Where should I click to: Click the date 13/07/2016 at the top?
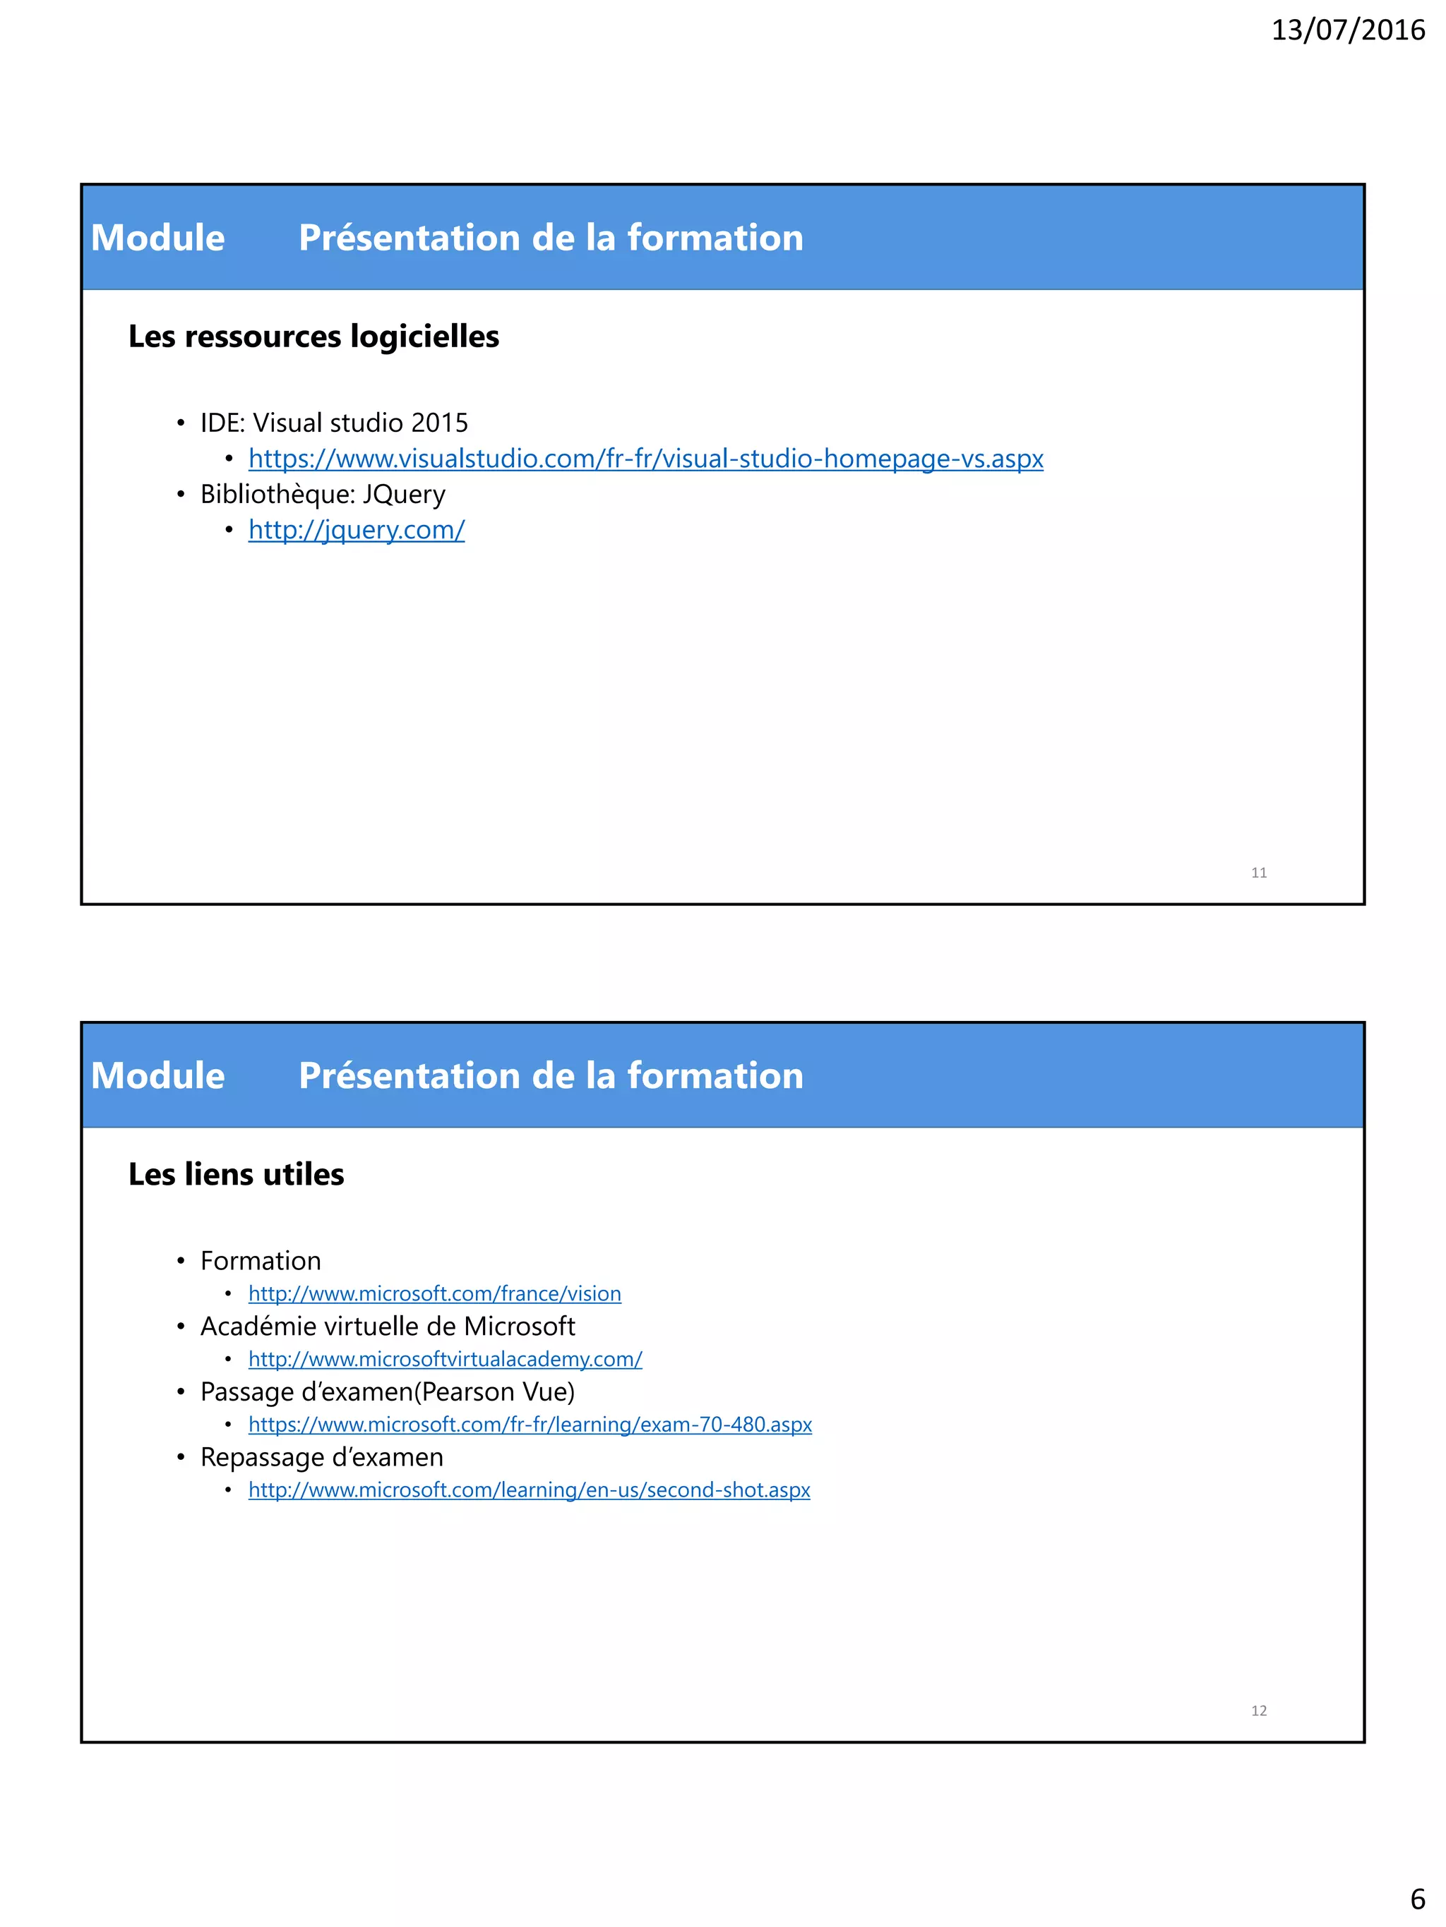1348,30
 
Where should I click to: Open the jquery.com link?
357,530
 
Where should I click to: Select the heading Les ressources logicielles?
313,337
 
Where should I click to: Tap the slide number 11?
1259,873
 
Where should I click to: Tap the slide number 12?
1259,1711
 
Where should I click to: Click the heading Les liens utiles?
237,1174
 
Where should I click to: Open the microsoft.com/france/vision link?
434,1293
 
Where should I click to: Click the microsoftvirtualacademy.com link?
445,1359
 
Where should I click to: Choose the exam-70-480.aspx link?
530,1425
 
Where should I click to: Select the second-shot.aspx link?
529,1490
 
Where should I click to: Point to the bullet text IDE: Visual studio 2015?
334,423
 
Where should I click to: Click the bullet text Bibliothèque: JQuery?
323,494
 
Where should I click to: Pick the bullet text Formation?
261,1261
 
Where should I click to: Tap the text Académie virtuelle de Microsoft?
388,1326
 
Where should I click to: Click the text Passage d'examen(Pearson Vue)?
388,1391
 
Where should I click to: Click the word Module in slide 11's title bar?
157,238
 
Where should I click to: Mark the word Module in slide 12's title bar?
157,1076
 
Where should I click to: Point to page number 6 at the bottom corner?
1417,1899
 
